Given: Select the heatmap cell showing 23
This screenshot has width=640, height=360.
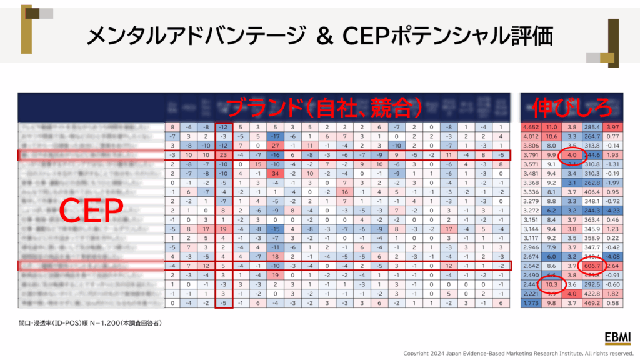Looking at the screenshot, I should pyautogui.click(x=224, y=155).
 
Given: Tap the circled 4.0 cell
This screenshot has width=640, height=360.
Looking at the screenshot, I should pyautogui.click(x=572, y=155).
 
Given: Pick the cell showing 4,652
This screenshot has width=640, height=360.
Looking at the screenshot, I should pyautogui.click(x=532, y=127).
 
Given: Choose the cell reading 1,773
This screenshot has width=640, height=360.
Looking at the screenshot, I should pyautogui.click(x=532, y=302).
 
